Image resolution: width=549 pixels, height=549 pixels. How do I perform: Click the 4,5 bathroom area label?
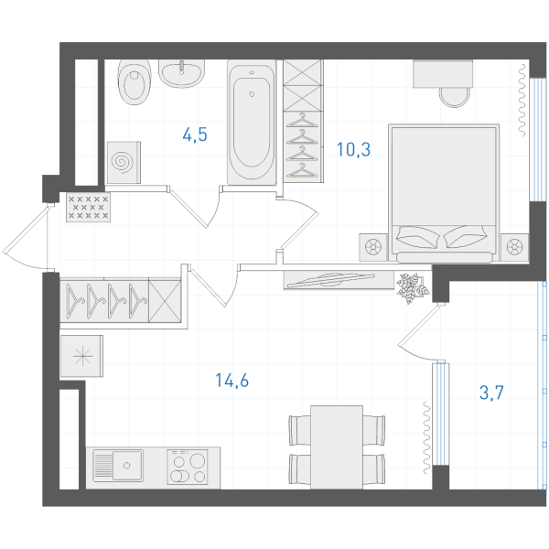coord(195,135)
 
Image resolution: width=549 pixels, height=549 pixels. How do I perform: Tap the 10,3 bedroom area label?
coord(353,149)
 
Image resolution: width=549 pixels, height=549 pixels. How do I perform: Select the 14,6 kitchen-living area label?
coord(231,381)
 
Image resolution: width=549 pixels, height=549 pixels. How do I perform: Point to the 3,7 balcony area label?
coord(491,393)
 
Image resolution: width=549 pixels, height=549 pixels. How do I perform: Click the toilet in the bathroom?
coord(135,82)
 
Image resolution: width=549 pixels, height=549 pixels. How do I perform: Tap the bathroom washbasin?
coord(181,73)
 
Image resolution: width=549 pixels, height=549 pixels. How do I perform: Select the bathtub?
coord(252,123)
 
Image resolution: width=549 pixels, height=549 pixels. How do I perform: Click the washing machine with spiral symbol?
coord(124,163)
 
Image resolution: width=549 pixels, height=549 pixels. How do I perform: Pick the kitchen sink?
coord(118,466)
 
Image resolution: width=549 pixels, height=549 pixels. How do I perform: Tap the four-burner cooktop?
coord(188,467)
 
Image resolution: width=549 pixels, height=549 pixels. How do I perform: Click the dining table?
coord(337,447)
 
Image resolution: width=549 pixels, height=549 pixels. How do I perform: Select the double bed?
coord(444,193)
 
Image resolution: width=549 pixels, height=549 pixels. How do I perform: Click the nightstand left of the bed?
coord(373,247)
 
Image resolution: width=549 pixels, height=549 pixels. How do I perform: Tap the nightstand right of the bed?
coord(514,247)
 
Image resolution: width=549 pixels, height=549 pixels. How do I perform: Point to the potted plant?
coord(413,288)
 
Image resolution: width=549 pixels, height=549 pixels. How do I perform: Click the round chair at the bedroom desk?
coord(455,97)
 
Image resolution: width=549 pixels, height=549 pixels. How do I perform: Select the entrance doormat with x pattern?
coord(88,208)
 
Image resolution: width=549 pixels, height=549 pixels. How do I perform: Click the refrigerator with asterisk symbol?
coord(82,356)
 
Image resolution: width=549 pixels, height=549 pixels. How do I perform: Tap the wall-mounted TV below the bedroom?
coord(339,280)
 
